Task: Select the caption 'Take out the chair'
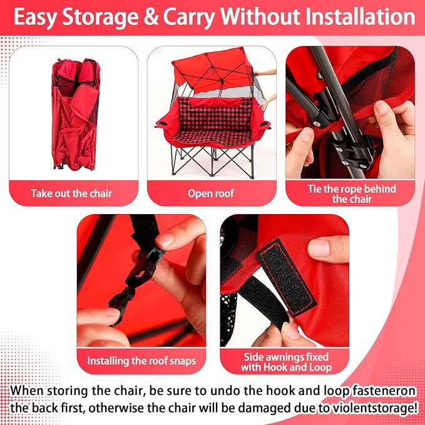(x=71, y=193)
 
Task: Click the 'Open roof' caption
(x=211, y=193)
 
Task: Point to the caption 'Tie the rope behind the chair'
(x=352, y=194)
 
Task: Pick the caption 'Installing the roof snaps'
(x=141, y=361)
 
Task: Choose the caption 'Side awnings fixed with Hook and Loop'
(x=286, y=362)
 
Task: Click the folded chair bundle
(x=75, y=114)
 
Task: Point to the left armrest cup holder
(x=163, y=123)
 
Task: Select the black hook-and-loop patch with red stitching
(x=285, y=277)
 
